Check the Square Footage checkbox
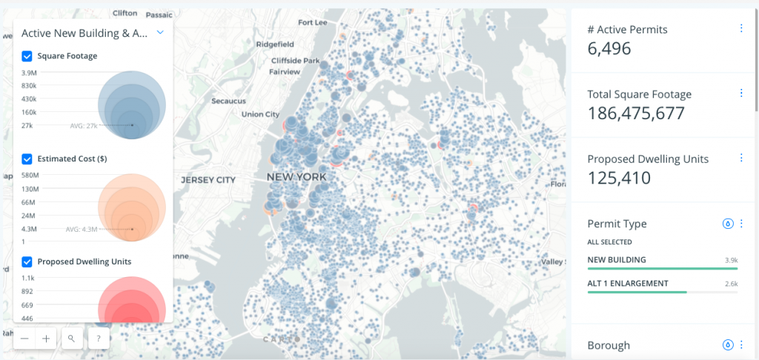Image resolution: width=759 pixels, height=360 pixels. [27, 56]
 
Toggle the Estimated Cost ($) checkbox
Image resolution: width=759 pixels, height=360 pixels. [27, 159]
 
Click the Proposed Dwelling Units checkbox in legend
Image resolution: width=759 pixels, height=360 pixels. [27, 261]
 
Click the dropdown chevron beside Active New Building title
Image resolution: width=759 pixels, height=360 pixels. [159, 33]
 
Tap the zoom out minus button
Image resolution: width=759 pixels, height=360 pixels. [25, 339]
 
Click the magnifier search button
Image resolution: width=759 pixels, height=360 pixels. [71, 339]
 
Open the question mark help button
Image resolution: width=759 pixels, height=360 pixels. [99, 339]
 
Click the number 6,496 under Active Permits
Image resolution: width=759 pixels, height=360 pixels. [609, 49]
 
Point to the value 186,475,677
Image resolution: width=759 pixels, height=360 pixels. [635, 113]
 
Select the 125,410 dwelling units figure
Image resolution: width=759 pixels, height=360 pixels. [619, 178]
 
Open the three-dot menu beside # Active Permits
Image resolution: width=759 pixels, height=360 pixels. [741, 28]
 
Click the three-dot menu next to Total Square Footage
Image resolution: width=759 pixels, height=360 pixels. [741, 93]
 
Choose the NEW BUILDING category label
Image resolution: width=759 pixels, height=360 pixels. [616, 260]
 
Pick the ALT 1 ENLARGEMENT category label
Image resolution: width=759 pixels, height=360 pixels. [627, 283]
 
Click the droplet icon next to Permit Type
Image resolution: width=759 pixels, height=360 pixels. [728, 223]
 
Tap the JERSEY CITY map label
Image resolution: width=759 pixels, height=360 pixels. [208, 180]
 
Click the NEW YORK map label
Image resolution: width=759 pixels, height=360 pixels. [296, 178]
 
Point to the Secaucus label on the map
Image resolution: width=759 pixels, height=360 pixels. [228, 100]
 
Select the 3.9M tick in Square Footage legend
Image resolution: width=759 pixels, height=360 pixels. [29, 73]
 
